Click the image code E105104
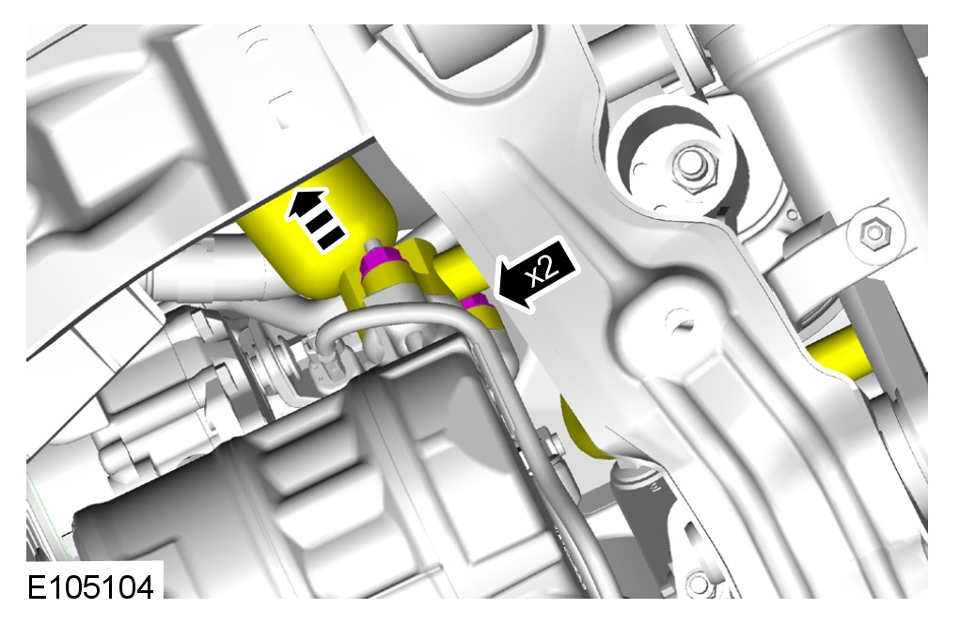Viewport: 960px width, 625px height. point(90,588)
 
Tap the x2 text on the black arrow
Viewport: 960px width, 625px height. point(543,270)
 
